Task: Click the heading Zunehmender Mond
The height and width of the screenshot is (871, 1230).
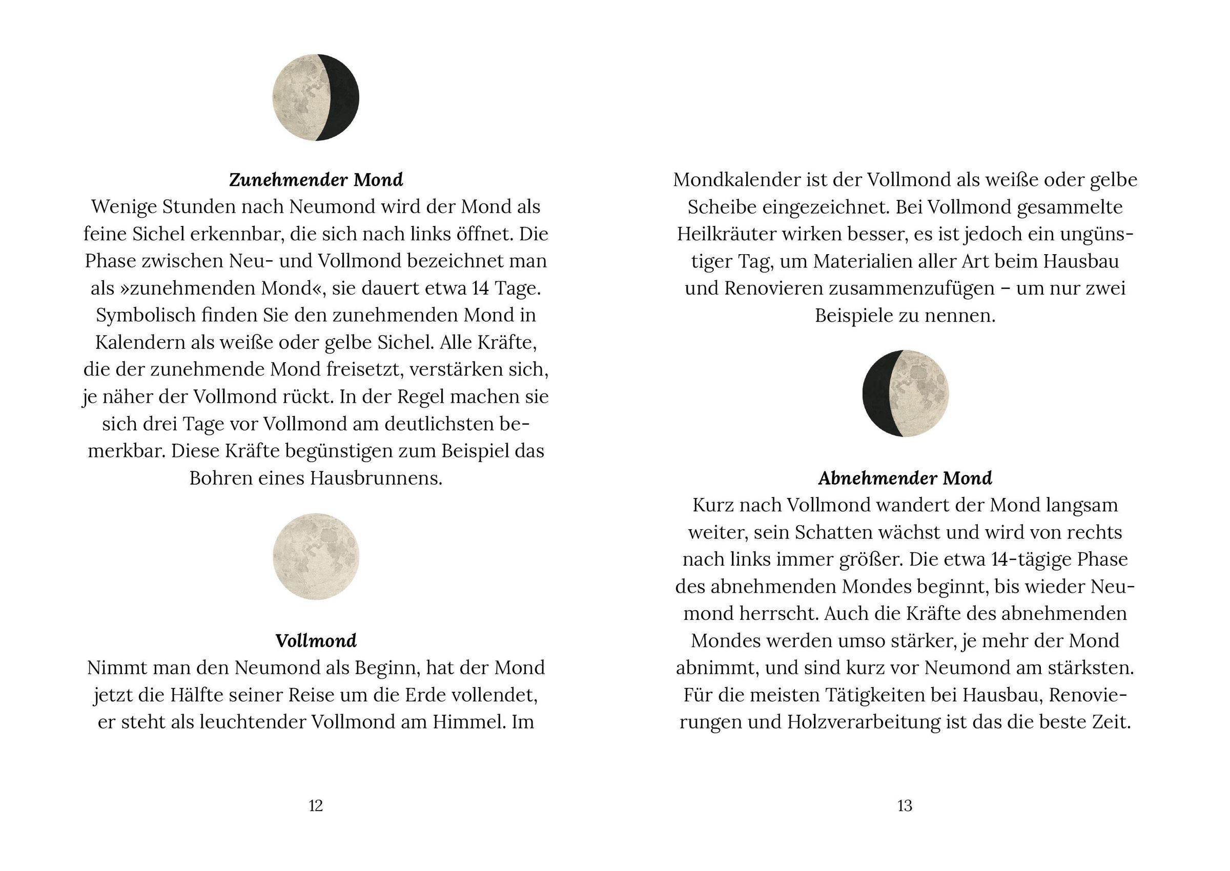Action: (x=315, y=180)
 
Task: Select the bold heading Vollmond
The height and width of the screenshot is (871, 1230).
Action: (x=315, y=640)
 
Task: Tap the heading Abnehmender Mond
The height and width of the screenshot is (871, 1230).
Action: (x=905, y=478)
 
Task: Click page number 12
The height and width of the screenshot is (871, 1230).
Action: (x=315, y=805)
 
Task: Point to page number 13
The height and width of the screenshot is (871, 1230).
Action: (x=905, y=805)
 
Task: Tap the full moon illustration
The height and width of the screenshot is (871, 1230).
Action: (x=315, y=557)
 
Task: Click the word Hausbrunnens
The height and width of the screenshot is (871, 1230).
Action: (x=376, y=478)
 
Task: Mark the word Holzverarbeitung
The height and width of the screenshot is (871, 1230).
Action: (x=864, y=722)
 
